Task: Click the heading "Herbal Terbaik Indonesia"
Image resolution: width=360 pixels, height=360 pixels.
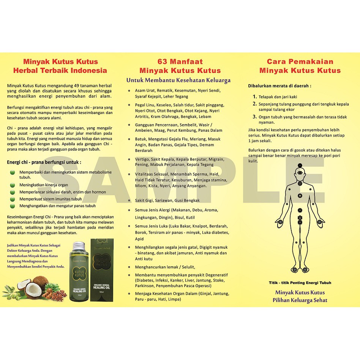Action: click(x=60, y=70)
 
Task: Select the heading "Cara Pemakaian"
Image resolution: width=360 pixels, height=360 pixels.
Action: click(x=300, y=62)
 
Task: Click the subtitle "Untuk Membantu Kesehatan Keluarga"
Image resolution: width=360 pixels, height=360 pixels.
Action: click(x=178, y=80)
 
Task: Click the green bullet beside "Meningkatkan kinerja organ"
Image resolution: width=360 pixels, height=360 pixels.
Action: click(x=12, y=185)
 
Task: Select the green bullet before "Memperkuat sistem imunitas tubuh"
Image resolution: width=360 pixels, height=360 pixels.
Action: click(x=12, y=199)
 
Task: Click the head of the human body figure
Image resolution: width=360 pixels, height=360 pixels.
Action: click(x=300, y=173)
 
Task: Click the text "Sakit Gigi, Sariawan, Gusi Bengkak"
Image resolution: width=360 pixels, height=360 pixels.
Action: click(x=167, y=200)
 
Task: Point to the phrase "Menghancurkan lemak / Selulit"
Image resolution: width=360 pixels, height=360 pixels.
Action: click(x=163, y=267)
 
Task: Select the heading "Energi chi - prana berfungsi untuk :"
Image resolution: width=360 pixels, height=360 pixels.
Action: click(x=44, y=162)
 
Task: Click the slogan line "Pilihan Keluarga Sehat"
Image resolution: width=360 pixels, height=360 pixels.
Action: click(x=300, y=300)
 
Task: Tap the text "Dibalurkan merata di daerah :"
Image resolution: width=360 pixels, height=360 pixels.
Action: click(x=279, y=86)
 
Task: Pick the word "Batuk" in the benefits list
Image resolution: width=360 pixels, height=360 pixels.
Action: click(x=141, y=139)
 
